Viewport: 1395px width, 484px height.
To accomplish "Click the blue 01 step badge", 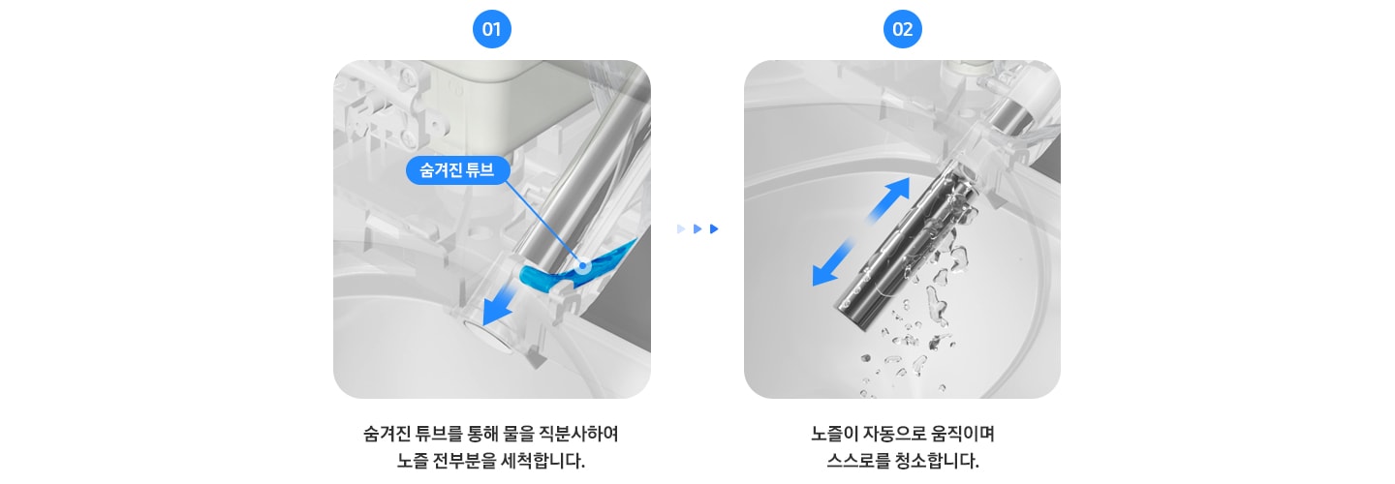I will (491, 29).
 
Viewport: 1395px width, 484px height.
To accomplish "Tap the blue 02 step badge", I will (902, 29).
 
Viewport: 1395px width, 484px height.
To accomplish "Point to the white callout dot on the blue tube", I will (582, 265).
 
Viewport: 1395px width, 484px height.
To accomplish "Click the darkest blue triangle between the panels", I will (714, 229).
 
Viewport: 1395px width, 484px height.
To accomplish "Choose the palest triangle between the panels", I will (681, 229).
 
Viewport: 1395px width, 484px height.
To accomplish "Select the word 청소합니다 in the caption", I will (938, 460).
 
